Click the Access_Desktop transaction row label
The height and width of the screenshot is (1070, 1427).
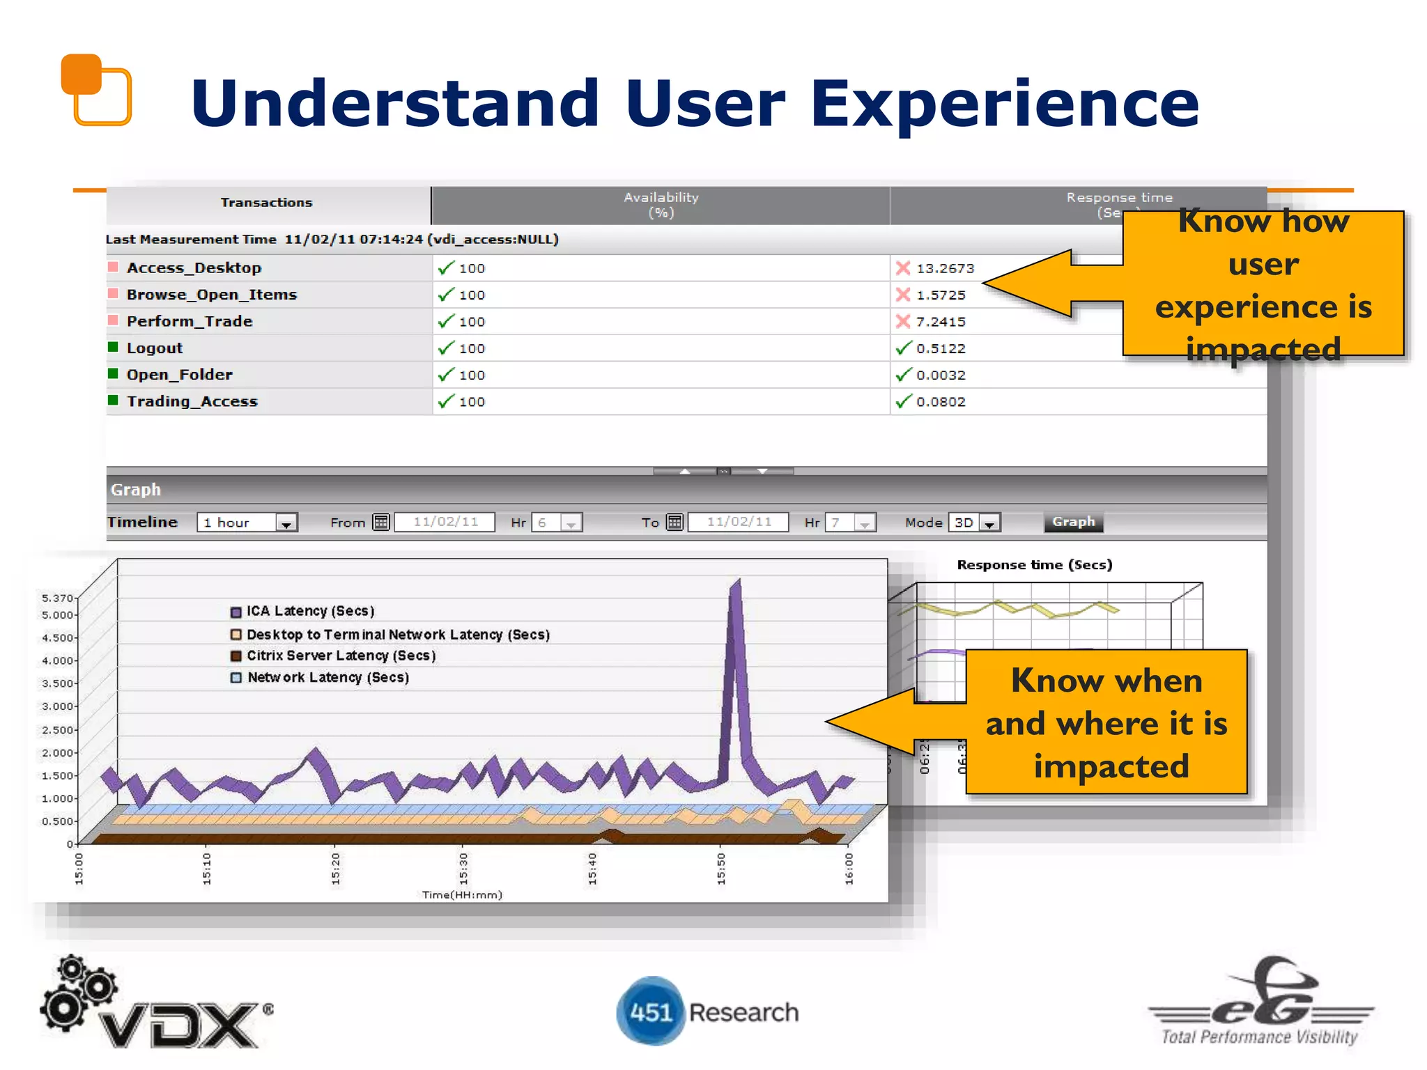click(x=194, y=268)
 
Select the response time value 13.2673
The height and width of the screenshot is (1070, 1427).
click(x=945, y=268)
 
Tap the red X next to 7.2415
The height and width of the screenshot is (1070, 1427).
click(x=903, y=321)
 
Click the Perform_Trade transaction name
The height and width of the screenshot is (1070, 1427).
click(x=190, y=321)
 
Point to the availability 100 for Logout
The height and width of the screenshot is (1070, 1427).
click(x=472, y=348)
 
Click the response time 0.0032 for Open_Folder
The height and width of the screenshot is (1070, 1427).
click(x=941, y=375)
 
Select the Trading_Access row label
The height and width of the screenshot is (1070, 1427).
click(x=192, y=401)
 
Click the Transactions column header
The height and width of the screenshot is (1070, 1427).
click(x=267, y=203)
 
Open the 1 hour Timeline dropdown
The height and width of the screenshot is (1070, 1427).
click(x=247, y=522)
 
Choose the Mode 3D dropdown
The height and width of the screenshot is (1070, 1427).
click(x=974, y=522)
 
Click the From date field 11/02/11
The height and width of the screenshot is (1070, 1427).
click(x=445, y=522)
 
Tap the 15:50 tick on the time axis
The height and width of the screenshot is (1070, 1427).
click(x=721, y=868)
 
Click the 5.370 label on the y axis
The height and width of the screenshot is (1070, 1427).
click(x=56, y=598)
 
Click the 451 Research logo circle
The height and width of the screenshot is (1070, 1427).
click(x=651, y=1011)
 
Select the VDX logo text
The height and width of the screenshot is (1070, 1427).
click(x=180, y=1024)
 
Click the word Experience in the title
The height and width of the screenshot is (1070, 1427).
click(x=1004, y=104)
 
